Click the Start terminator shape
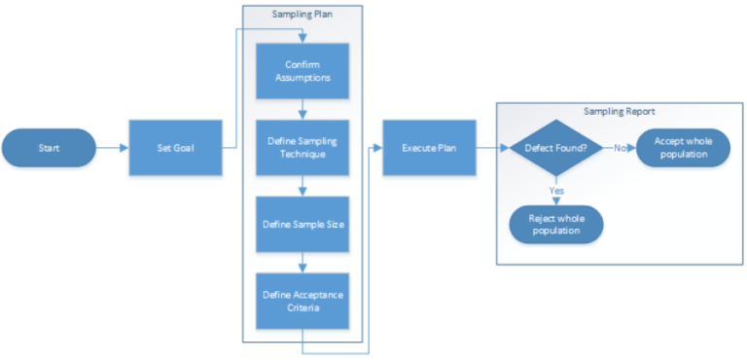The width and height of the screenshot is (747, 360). point(48,148)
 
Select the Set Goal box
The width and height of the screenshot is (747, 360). point(170,148)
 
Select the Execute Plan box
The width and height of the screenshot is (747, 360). point(429,148)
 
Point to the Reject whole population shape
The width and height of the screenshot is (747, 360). point(556,226)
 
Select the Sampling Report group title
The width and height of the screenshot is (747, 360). point(619,112)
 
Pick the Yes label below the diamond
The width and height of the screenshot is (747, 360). point(556,191)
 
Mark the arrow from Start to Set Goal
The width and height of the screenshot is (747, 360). point(112,148)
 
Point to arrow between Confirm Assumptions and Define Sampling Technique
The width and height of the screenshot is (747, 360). point(302,109)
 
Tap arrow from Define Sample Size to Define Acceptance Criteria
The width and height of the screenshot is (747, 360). point(302,263)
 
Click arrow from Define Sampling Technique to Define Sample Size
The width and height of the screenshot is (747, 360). point(302,186)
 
